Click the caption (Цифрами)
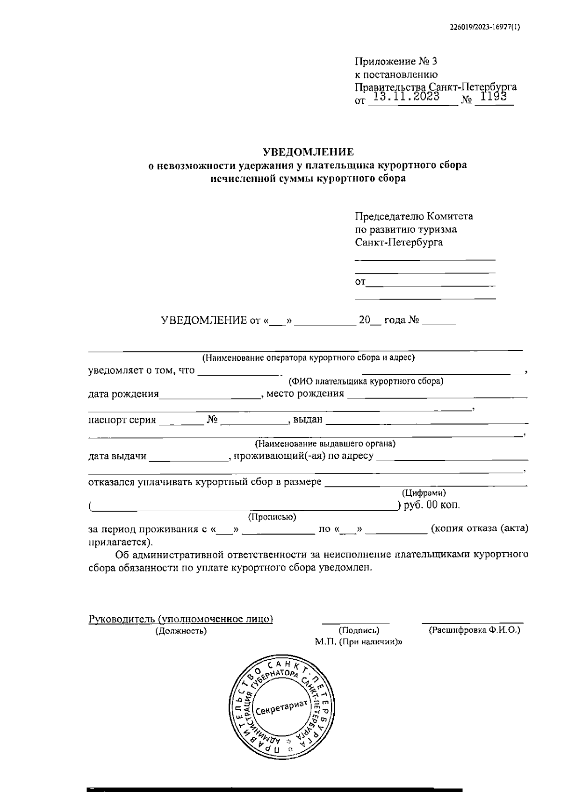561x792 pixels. [424, 493]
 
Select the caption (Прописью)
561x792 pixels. [272, 517]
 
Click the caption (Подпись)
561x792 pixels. [359, 630]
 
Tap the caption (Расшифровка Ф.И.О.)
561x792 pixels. [474, 630]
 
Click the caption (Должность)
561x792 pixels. [181, 631]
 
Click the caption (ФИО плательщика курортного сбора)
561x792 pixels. [366, 381]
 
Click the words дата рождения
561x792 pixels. [123, 394]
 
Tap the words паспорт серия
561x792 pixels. [122, 420]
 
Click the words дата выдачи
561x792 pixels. [117, 456]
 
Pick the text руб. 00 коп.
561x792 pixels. [431, 505]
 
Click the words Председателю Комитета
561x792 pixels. [414, 216]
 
